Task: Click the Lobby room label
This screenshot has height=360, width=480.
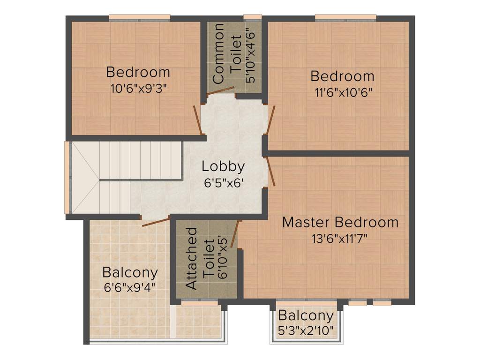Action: [x=223, y=166]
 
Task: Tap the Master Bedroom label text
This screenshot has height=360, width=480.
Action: [x=340, y=222]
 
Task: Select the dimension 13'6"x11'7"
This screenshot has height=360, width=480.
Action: [x=339, y=238]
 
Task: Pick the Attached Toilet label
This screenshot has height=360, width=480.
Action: [x=199, y=259]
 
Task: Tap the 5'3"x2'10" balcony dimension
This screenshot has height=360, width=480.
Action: [x=306, y=330]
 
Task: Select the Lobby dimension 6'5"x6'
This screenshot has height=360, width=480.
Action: [x=223, y=183]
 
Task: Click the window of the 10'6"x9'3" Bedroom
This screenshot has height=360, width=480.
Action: [x=139, y=18]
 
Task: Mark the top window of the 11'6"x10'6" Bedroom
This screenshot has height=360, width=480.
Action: [x=345, y=18]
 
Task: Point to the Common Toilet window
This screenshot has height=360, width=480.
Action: [x=252, y=18]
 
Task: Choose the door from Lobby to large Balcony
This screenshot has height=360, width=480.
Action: [x=156, y=223]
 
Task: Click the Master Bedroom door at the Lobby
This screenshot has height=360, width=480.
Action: [x=270, y=171]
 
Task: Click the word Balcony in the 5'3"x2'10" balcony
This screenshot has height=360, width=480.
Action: [x=306, y=315]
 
